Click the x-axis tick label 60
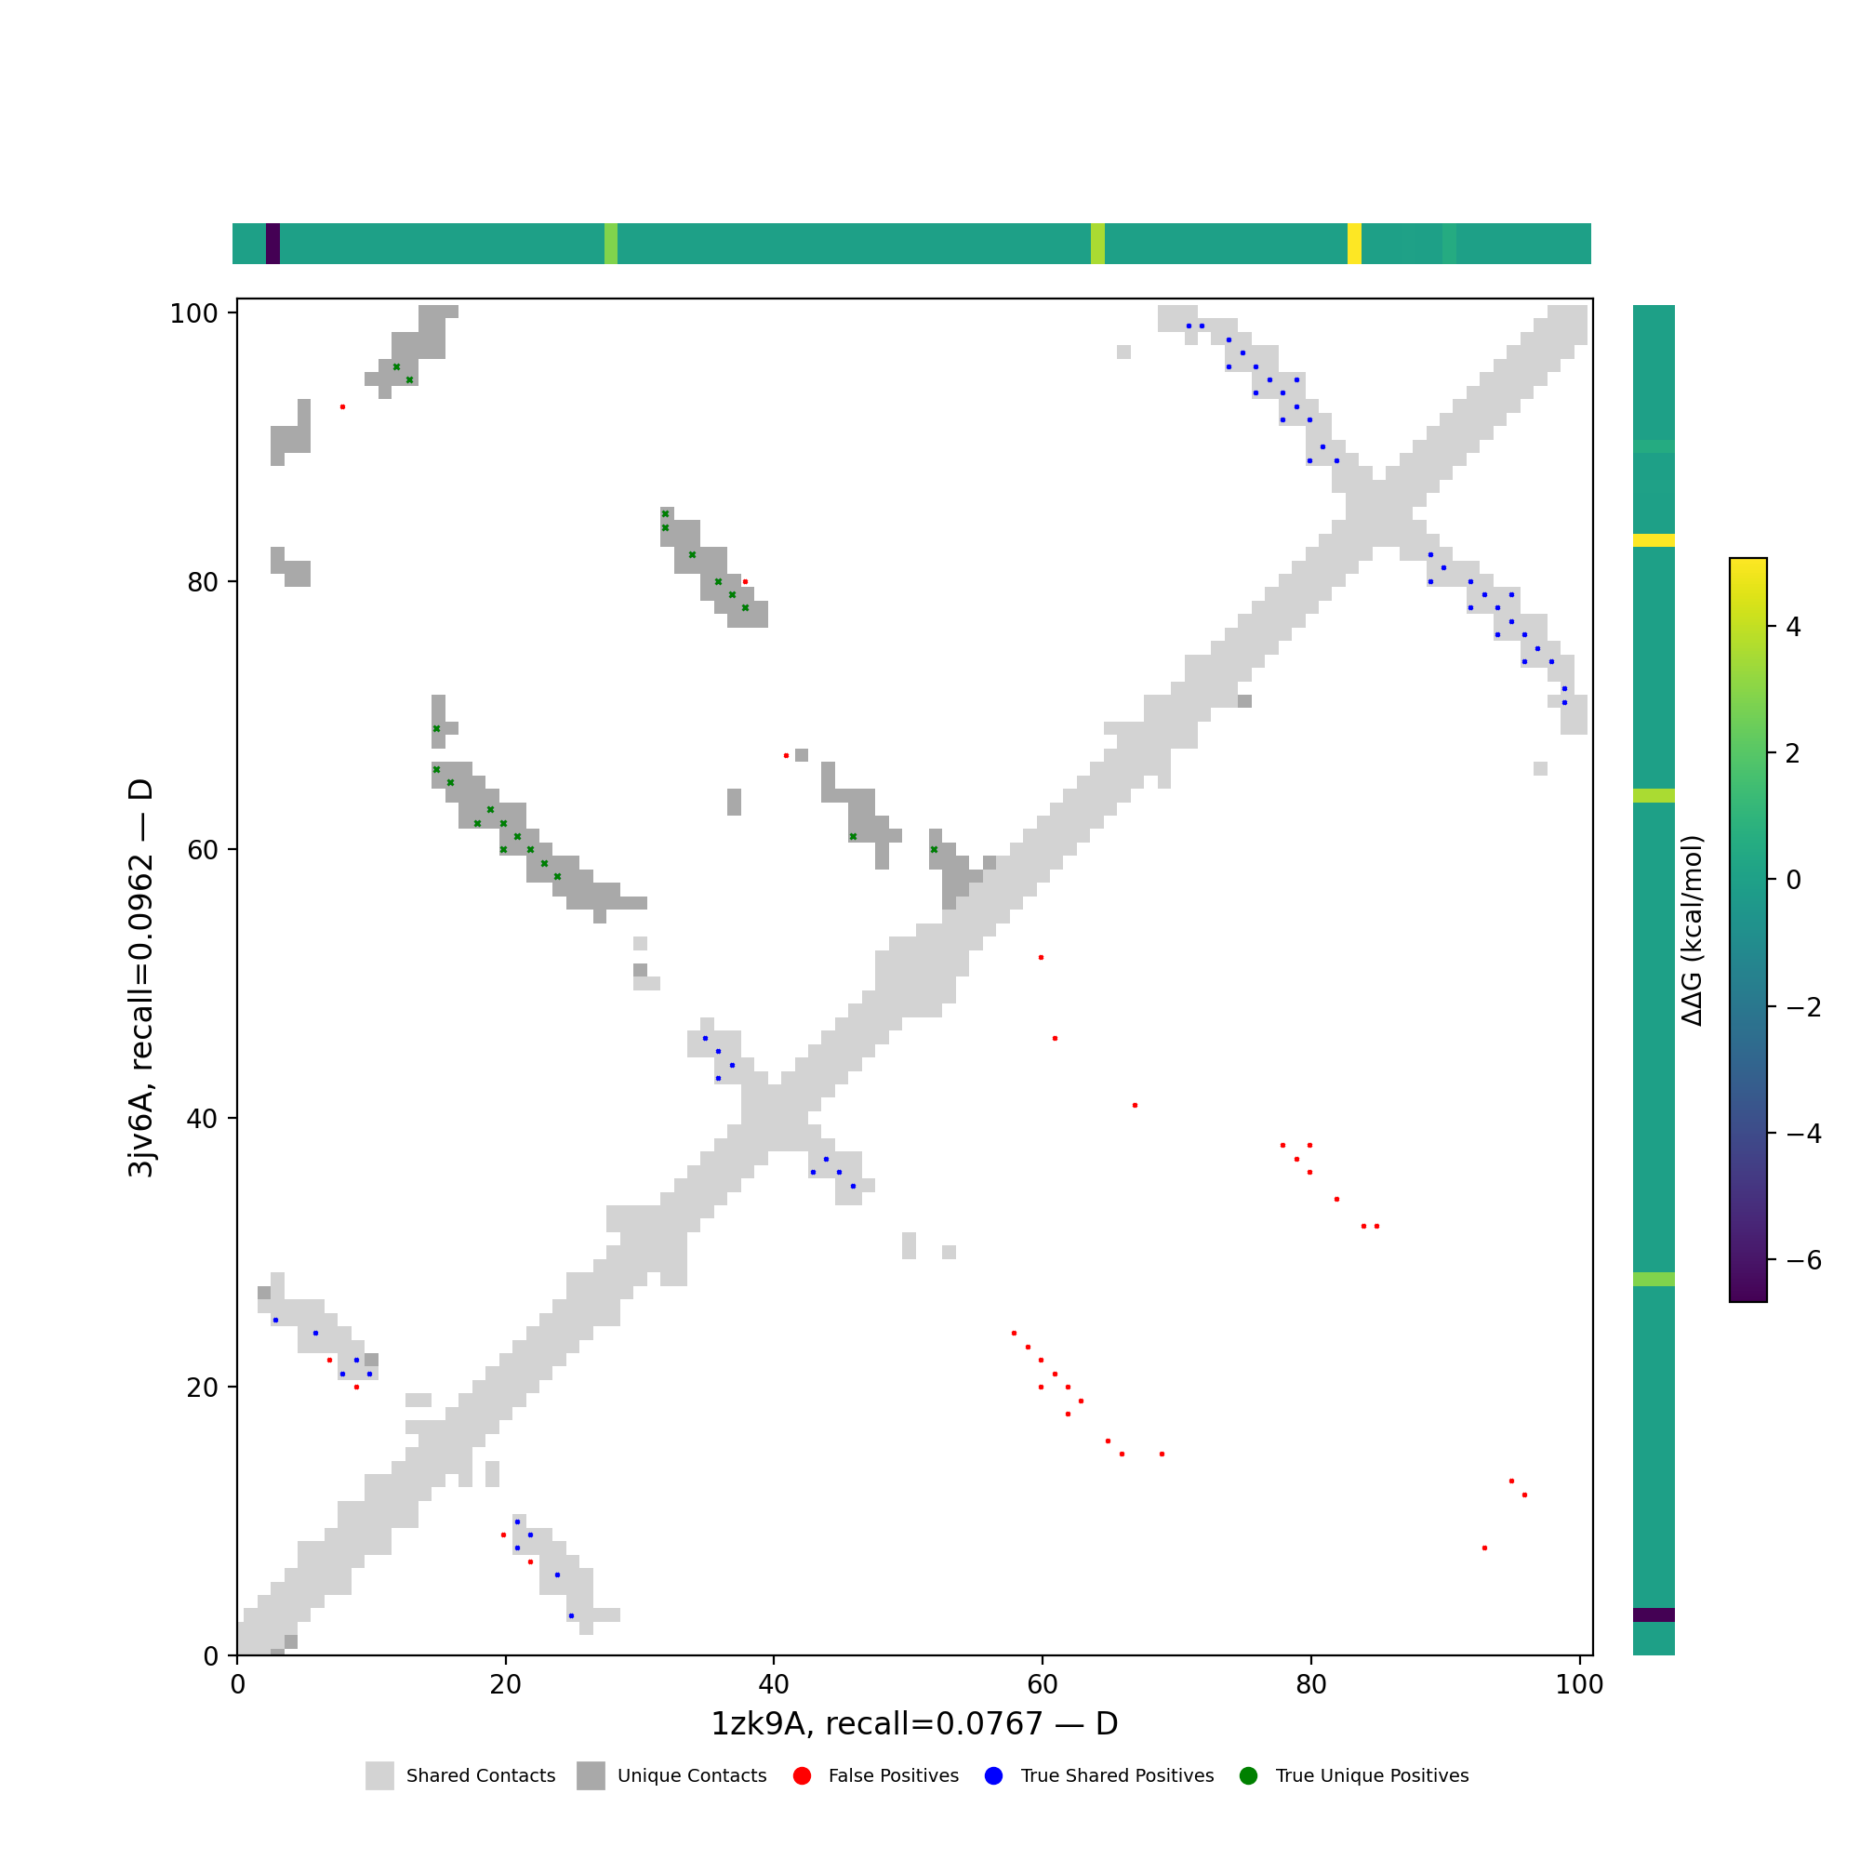1042,1685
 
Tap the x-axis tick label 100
1580,1685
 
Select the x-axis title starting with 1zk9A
913,1724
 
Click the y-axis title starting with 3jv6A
141,978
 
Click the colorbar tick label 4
1793,627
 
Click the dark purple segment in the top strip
272,244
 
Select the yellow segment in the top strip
1353,244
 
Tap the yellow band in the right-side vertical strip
1653,540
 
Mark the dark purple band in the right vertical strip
1653,1614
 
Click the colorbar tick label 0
1793,880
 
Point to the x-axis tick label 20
504,1685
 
